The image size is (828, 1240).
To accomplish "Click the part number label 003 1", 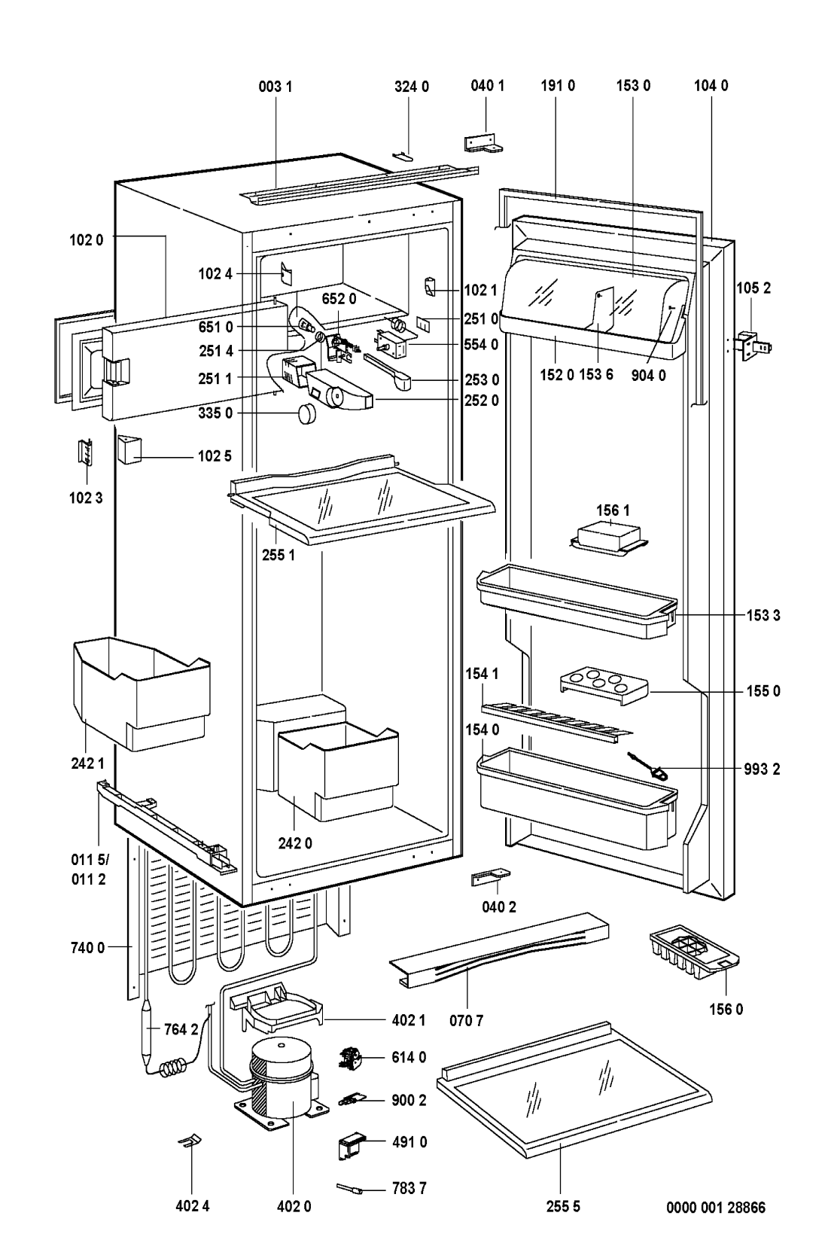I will [275, 86].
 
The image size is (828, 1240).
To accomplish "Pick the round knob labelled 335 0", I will [307, 414].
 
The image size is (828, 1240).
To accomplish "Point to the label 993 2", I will [765, 769].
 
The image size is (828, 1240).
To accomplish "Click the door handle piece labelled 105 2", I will [754, 345].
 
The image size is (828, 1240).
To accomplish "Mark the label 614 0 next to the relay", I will [409, 1057].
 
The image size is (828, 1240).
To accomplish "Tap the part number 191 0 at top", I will [557, 86].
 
